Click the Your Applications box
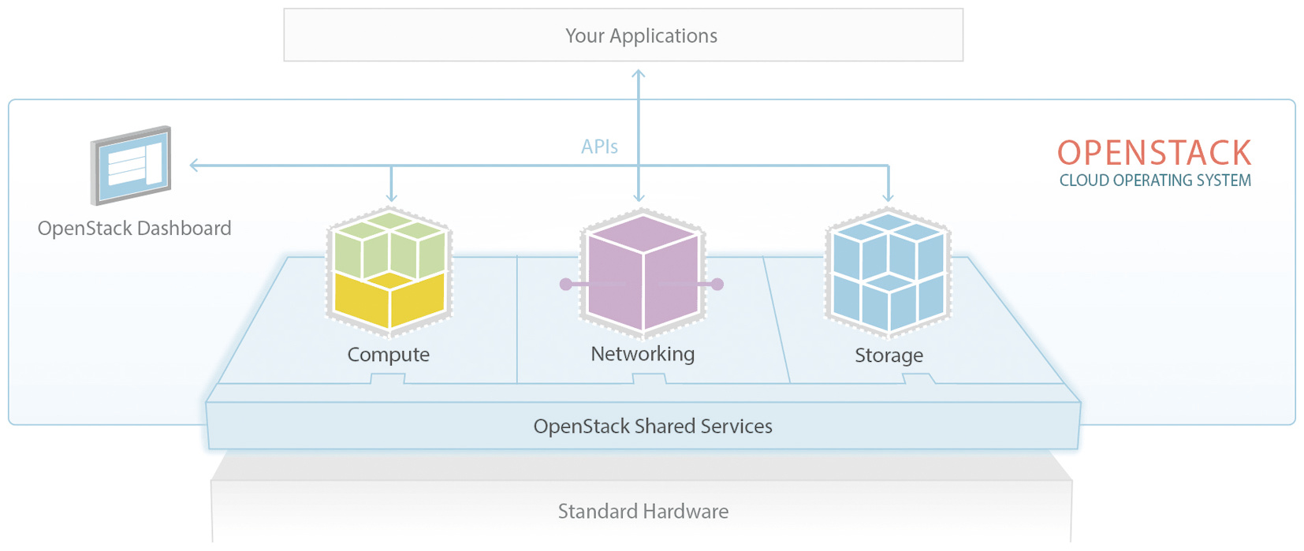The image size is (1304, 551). [x=623, y=35]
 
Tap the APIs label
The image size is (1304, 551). [x=599, y=147]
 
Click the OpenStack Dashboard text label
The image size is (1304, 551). [x=135, y=229]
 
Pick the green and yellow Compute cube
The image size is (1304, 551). [x=389, y=270]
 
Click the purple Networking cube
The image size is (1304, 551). [x=643, y=272]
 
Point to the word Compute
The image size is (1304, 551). [x=389, y=355]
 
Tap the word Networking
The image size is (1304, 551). [x=643, y=354]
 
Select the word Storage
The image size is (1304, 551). [x=889, y=356]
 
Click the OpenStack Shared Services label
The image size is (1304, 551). [x=653, y=426]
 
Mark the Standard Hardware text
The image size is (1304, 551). [x=643, y=512]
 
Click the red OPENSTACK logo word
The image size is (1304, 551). [x=1154, y=153]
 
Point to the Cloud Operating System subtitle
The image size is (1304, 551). [x=1155, y=181]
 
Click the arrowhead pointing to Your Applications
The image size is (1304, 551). [x=639, y=74]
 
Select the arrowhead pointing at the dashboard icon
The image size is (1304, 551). [x=194, y=165]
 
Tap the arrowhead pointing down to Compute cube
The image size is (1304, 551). [x=392, y=198]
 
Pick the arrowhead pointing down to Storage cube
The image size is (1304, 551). [x=889, y=198]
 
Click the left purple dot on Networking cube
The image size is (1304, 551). [x=566, y=285]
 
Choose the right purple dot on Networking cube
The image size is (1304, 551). [x=717, y=285]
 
